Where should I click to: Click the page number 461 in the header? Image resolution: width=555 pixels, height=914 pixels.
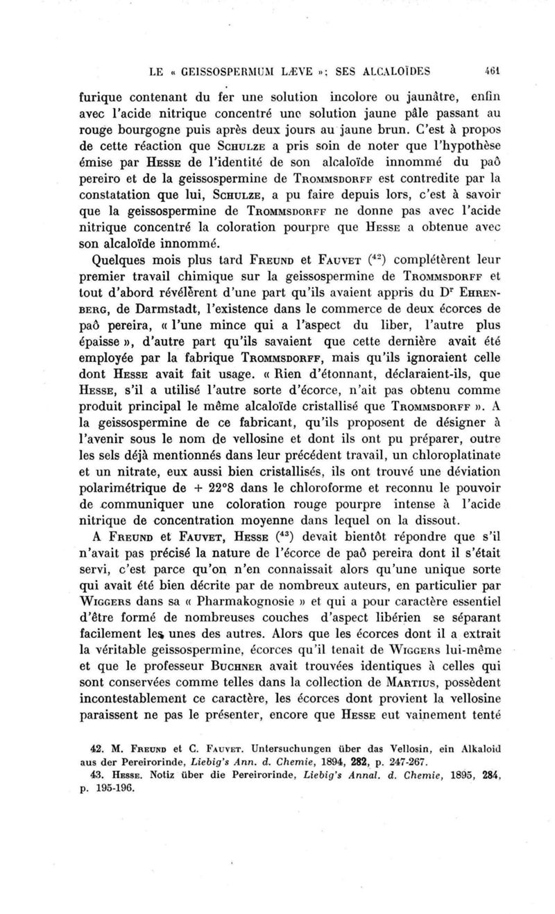click(474, 70)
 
